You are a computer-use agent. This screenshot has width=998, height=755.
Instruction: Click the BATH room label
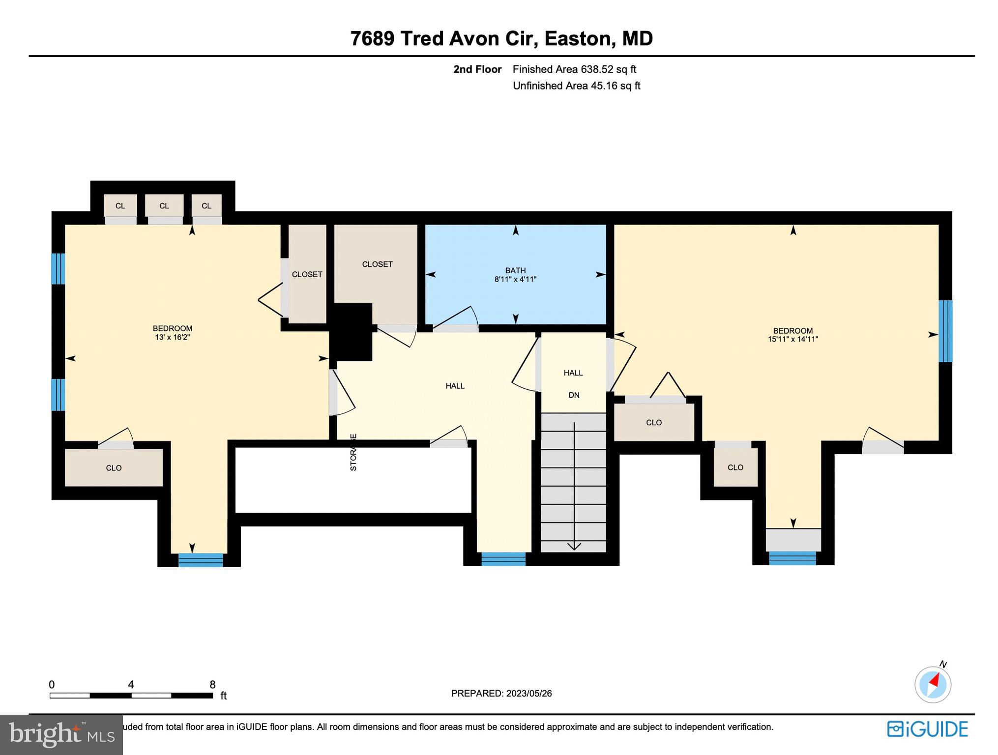tap(515, 270)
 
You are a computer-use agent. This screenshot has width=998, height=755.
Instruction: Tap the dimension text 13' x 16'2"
tap(172, 337)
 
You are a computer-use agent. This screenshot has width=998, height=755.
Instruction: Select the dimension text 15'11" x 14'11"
tap(793, 339)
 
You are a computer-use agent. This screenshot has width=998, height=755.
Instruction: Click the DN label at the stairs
tap(574, 395)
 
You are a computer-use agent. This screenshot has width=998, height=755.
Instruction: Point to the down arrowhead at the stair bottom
tap(574, 546)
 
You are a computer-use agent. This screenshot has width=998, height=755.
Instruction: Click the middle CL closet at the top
tap(164, 206)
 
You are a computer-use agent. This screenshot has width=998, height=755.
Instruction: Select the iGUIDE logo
tap(927, 729)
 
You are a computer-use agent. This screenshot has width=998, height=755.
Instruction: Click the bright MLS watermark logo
tap(61, 734)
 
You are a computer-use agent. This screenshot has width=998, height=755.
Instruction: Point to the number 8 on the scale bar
tap(212, 685)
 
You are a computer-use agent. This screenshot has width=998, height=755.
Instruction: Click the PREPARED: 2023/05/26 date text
tap(501, 694)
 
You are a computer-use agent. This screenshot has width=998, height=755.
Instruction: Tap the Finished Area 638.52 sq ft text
tap(574, 69)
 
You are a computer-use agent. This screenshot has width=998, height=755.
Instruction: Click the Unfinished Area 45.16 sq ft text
tap(576, 86)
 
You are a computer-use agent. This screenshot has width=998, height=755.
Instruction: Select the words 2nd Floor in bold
tap(477, 69)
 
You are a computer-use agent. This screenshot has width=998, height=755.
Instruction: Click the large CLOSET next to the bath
tap(377, 264)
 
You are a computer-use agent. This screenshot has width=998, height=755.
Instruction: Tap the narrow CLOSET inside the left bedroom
tap(307, 274)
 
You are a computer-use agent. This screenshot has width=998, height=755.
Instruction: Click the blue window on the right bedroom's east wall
tap(945, 331)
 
